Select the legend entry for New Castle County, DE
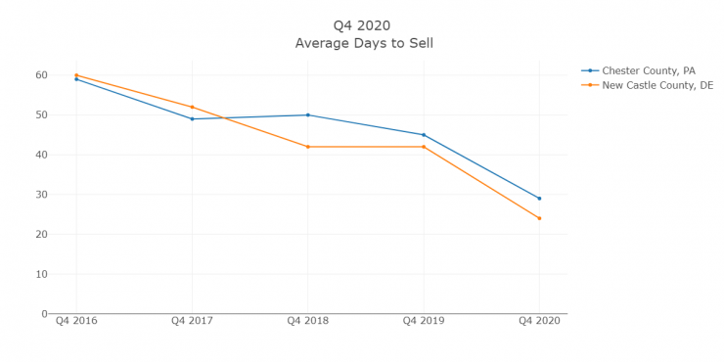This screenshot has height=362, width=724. click(x=656, y=85)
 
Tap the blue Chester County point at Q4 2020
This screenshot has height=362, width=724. click(x=539, y=199)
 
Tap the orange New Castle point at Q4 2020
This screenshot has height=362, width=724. click(x=539, y=218)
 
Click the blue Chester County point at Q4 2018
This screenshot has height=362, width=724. click(x=307, y=114)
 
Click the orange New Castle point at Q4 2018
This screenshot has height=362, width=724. click(x=307, y=147)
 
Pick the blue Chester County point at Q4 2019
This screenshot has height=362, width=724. click(x=424, y=135)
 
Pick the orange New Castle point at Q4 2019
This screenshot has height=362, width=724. click(x=424, y=147)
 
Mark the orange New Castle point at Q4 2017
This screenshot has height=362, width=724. click(x=192, y=107)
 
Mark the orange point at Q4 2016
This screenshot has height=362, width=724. click(x=76, y=75)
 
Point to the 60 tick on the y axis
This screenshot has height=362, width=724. click(x=41, y=75)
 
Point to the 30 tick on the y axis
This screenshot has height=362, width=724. click(x=41, y=195)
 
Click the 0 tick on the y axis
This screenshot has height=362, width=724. click(x=44, y=314)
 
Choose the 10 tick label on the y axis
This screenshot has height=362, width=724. click(x=41, y=274)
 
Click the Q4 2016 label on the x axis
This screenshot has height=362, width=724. click(x=76, y=321)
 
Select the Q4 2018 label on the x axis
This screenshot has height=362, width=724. click(x=307, y=321)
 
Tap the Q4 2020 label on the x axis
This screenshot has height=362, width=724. click(x=539, y=321)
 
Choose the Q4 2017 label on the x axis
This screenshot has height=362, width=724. click(x=192, y=321)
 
